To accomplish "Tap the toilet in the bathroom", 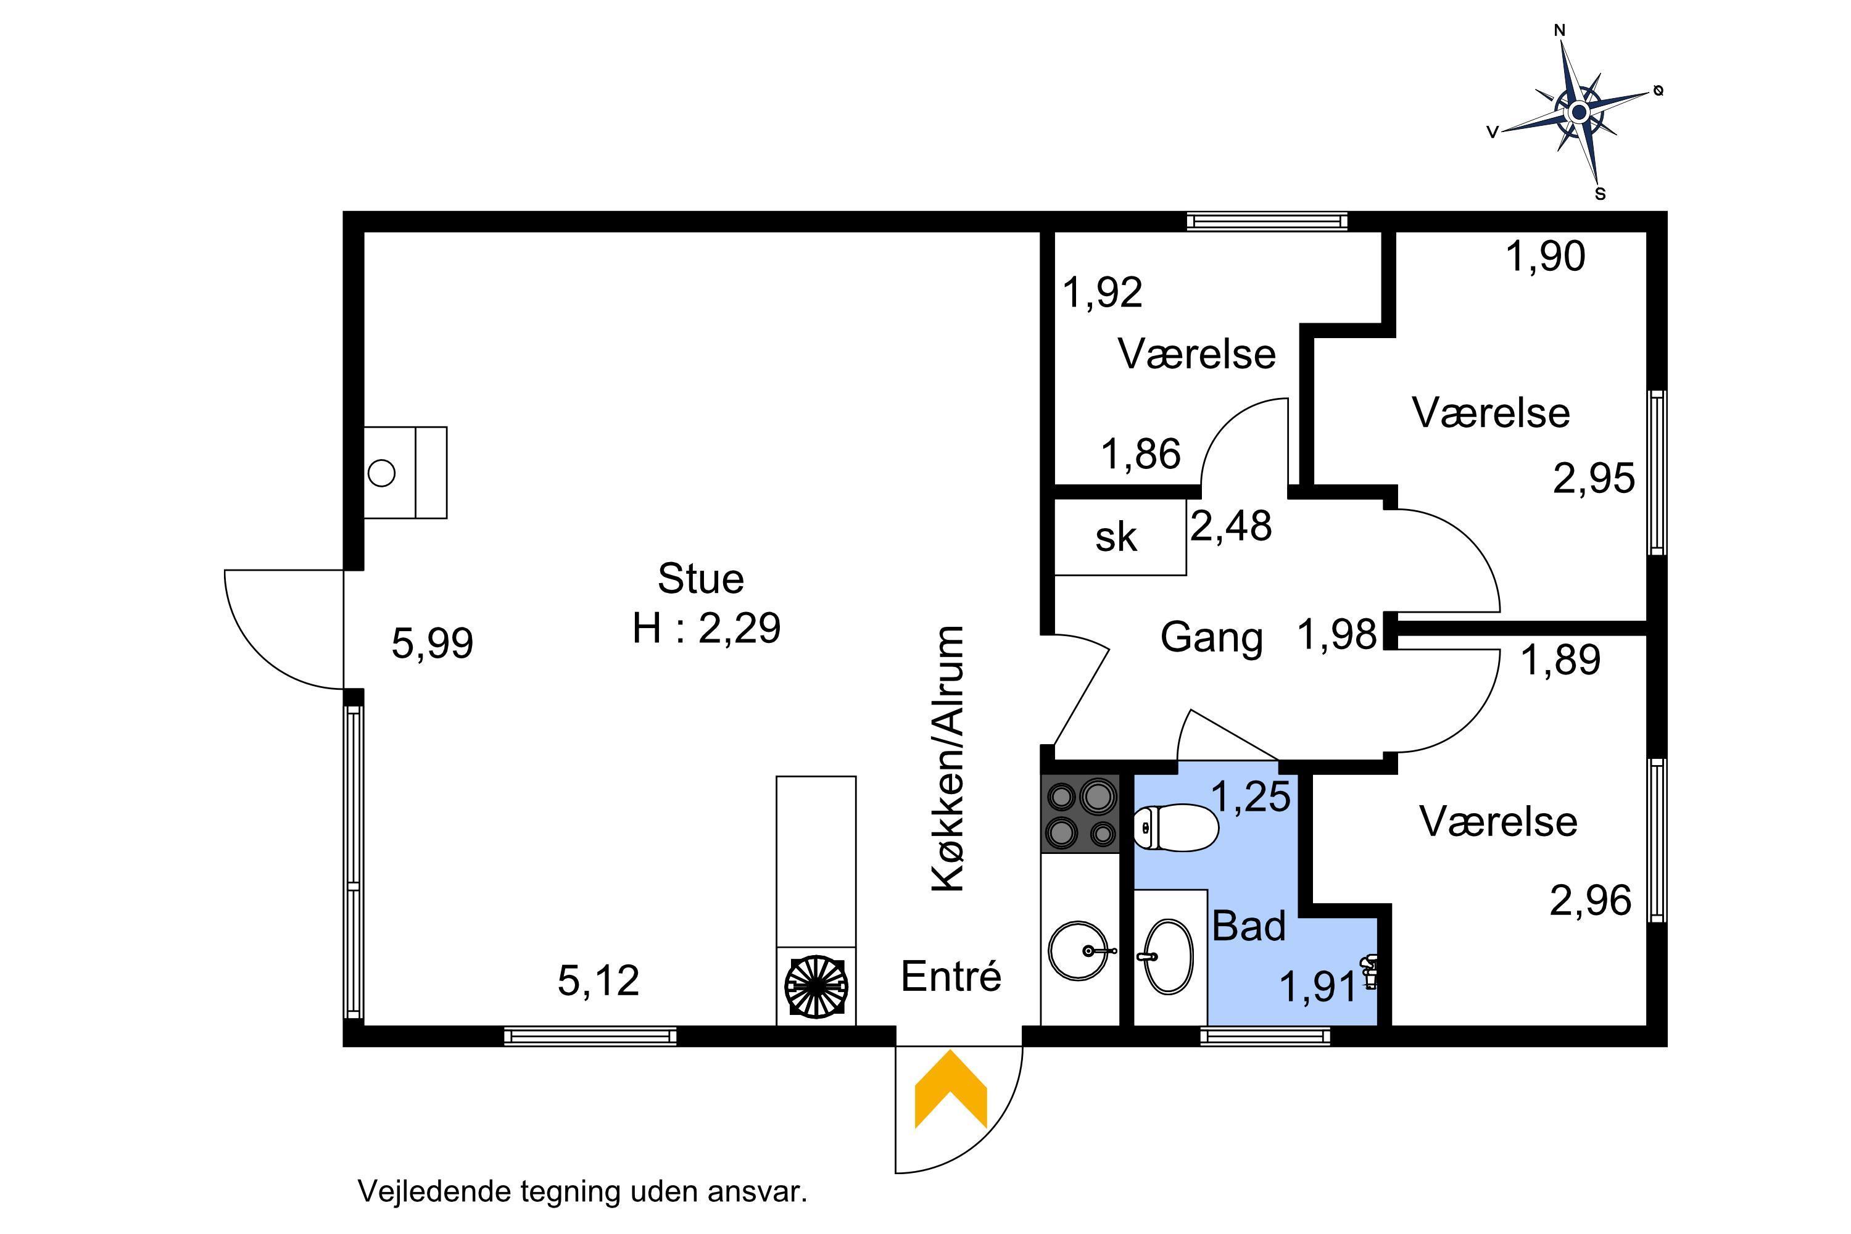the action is click(1176, 827).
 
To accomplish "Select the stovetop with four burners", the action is click(1080, 814).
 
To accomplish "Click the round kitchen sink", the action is click(1080, 951).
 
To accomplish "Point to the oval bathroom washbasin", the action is click(1168, 957).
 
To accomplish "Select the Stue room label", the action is click(700, 579).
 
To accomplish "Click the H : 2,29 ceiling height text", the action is click(706, 628).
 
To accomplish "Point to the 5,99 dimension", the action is click(433, 643).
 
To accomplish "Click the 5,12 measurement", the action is click(598, 980).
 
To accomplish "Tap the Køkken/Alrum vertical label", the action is click(949, 760).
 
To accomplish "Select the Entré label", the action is click(951, 977).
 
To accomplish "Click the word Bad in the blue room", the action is click(1249, 925).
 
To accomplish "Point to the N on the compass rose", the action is click(1559, 31).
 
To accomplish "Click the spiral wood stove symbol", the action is click(816, 985).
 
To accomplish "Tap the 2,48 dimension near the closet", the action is click(1231, 526).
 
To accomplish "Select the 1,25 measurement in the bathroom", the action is click(1251, 796).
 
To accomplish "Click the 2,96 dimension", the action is click(1591, 900).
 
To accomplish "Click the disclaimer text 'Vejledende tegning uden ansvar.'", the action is click(583, 1191).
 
